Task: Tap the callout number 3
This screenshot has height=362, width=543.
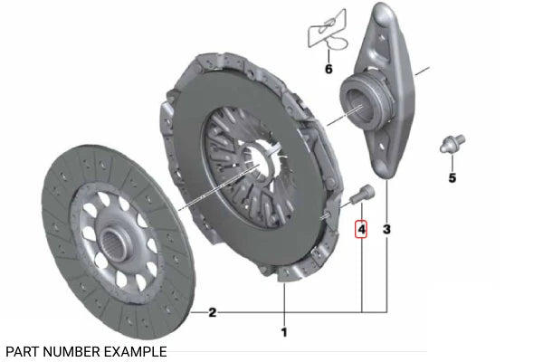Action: pyautogui.click(x=387, y=230)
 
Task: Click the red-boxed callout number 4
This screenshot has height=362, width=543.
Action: pyautogui.click(x=361, y=230)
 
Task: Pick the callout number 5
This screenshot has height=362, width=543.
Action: pyautogui.click(x=452, y=177)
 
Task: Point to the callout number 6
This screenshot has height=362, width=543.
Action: pyautogui.click(x=329, y=69)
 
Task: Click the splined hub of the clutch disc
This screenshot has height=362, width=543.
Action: pyautogui.click(x=119, y=240)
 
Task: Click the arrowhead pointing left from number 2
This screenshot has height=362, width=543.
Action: pyautogui.click(x=194, y=313)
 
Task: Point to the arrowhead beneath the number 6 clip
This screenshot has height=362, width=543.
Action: pyautogui.click(x=329, y=56)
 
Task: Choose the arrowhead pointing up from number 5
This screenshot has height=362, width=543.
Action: pyautogui.click(x=452, y=161)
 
